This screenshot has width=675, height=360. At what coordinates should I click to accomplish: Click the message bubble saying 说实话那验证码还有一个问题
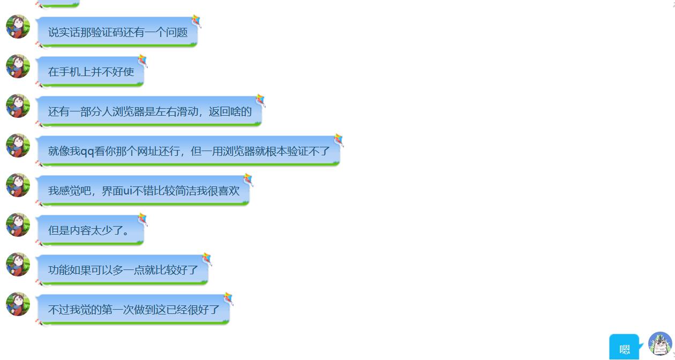[117, 33]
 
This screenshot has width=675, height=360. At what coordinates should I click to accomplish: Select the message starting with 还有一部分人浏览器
[149, 112]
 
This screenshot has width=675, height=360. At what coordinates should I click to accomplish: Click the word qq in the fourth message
[87, 152]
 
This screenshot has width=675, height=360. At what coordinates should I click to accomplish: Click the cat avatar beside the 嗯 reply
[660, 344]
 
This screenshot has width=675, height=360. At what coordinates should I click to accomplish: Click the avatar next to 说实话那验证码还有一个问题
[18, 27]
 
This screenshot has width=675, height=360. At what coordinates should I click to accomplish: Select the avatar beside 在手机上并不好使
[18, 66]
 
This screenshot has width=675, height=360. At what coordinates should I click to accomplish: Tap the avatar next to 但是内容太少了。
[18, 225]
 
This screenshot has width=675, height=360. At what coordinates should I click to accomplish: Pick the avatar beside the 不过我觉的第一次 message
[18, 304]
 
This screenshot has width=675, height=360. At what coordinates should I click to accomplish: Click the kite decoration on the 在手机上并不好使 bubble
[142, 61]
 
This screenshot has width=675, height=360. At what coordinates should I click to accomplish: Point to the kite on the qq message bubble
[339, 140]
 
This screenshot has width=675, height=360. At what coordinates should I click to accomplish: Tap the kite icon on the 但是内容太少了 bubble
[142, 219]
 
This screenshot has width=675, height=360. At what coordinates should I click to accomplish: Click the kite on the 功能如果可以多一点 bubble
[207, 259]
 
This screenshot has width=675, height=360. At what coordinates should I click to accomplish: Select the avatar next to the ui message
[18, 185]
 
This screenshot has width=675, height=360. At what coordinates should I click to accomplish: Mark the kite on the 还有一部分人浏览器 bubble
[260, 100]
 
